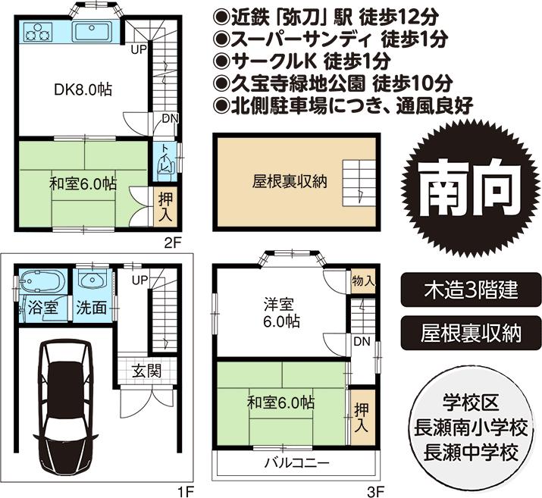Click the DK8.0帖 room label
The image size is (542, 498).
point(83,89)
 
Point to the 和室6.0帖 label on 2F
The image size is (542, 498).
point(83,183)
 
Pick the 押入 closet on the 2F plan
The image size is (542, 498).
point(166,207)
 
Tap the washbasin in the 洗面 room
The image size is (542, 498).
point(92,282)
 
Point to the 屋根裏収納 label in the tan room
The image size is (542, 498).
point(278,181)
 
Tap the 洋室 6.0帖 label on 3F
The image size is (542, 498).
point(281,312)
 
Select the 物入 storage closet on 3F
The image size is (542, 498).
point(363,280)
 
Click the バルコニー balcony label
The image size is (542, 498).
point(296,462)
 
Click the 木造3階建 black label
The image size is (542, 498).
point(470,290)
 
